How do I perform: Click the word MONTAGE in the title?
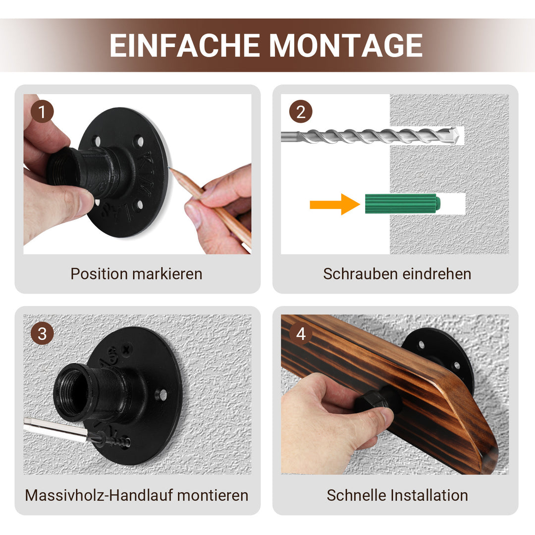[346, 46]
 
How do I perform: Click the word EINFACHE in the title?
[185, 46]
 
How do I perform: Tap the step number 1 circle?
[42, 112]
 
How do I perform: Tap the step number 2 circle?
[300, 112]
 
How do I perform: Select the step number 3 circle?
[42, 333]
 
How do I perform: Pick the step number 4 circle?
[300, 333]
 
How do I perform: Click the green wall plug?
[402, 203]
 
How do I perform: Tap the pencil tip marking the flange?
[171, 170]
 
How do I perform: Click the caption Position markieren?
[136, 273]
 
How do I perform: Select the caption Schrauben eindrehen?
[397, 273]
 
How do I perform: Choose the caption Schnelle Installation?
[397, 495]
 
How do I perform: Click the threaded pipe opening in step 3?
[72, 391]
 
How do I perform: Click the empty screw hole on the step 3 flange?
[161, 395]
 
